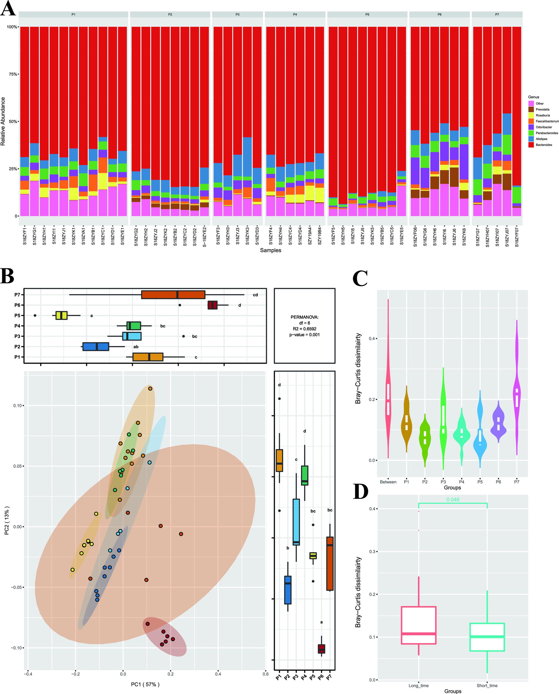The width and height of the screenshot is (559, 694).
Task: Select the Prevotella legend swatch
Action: click(x=531, y=110)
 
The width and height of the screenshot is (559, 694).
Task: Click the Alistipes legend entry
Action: click(x=541, y=139)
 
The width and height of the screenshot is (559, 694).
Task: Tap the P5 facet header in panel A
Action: click(x=367, y=14)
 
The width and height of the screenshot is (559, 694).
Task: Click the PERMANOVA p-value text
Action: click(x=304, y=335)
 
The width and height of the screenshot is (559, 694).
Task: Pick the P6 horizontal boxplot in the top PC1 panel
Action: click(x=213, y=305)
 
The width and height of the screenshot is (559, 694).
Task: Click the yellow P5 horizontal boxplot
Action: click(x=61, y=315)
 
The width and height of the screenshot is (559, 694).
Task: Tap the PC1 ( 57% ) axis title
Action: click(x=145, y=684)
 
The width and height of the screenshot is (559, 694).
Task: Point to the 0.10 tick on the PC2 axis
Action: click(x=18, y=405)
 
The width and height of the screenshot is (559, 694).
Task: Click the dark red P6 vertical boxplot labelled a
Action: click(x=321, y=649)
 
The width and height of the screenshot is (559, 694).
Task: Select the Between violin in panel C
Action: click(x=388, y=396)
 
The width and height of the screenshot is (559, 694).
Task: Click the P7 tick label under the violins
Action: click(x=516, y=482)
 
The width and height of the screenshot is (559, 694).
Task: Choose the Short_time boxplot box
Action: click(x=487, y=637)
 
